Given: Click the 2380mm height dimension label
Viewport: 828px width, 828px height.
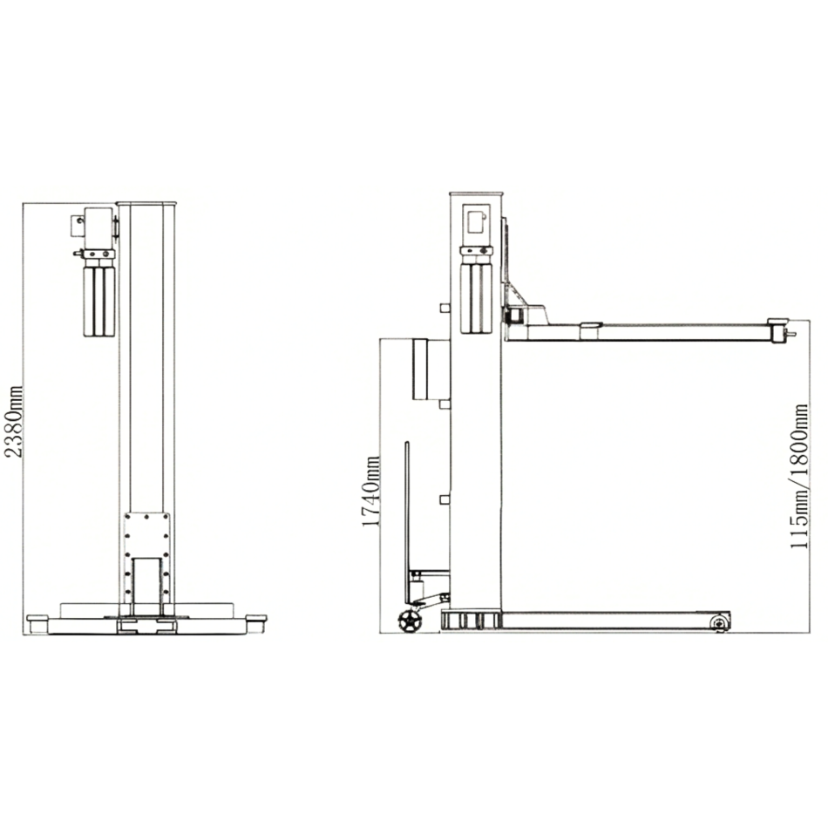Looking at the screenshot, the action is pyautogui.click(x=13, y=421).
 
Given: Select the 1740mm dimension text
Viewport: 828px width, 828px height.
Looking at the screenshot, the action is pyautogui.click(x=370, y=492).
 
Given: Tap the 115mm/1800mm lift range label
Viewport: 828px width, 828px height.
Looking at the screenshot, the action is pyautogui.click(x=799, y=476).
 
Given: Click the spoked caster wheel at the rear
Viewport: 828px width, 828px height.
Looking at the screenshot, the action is pyautogui.click(x=410, y=621).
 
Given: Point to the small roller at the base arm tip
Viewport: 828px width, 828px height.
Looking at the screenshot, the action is pyautogui.click(x=719, y=623).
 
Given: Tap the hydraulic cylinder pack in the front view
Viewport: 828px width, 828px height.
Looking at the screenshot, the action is pyautogui.click(x=99, y=301).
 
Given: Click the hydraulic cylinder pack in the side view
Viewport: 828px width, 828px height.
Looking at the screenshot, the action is pyautogui.click(x=476, y=298).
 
